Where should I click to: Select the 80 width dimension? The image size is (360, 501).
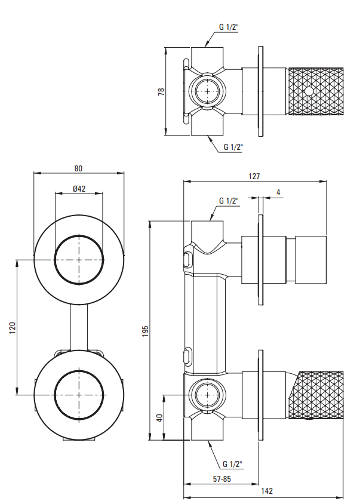point(78,168)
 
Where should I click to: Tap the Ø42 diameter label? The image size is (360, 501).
point(79,188)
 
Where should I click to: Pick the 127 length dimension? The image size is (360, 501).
point(255,176)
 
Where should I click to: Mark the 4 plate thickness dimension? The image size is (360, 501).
point(278,192)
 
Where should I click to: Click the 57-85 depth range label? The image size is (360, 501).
point(221,478)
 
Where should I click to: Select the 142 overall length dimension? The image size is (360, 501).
point(267,491)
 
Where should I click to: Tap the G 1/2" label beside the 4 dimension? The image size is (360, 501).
point(229,201)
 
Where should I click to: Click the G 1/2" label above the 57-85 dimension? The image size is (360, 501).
point(232,463)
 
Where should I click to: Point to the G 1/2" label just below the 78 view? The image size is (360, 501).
point(233,146)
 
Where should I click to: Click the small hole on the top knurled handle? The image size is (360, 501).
point(309,91)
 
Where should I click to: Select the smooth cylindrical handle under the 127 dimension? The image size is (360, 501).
point(312,259)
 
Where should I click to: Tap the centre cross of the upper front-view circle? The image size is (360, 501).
point(79,260)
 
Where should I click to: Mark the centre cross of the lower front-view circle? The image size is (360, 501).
point(79,395)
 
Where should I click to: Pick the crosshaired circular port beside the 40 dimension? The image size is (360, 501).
point(207,395)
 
